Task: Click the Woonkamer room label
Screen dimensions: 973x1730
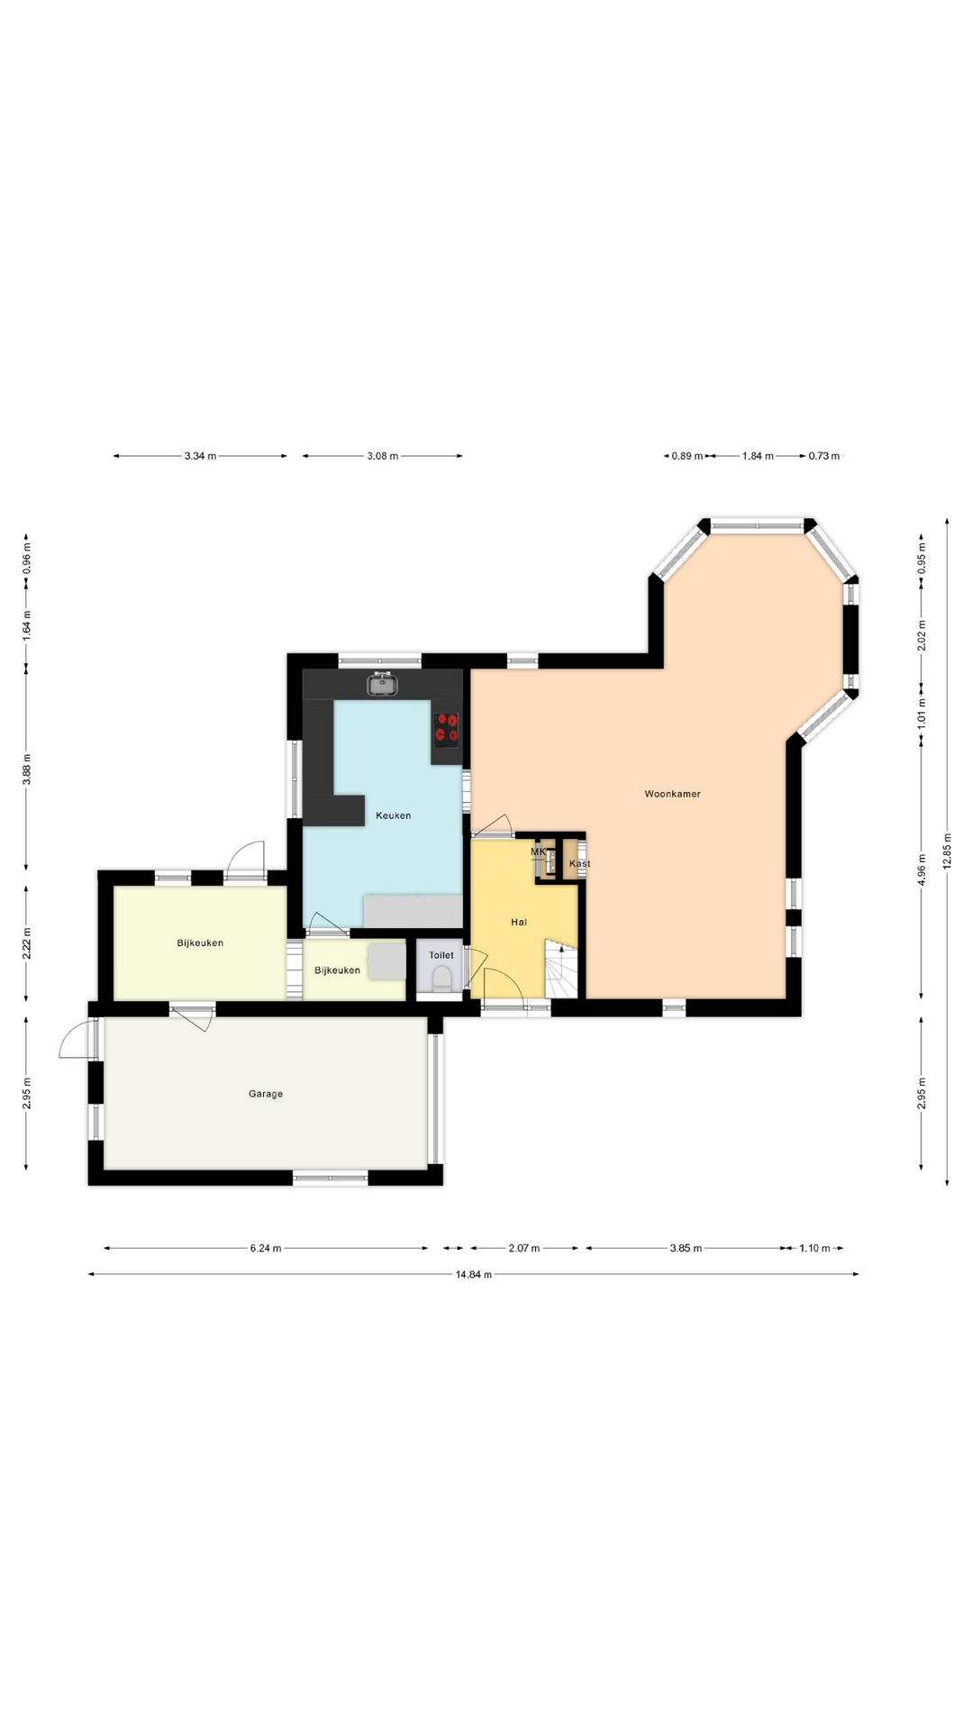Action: tap(672, 794)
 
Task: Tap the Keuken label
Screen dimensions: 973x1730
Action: tap(393, 815)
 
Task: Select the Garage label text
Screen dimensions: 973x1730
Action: tap(266, 1094)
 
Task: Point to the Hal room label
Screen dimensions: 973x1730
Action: tap(519, 922)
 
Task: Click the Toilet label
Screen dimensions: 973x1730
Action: tap(441, 955)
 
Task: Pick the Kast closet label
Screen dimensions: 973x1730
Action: tap(579, 864)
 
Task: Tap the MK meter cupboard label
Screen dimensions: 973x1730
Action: tap(538, 851)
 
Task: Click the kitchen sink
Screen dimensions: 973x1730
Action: tap(383, 684)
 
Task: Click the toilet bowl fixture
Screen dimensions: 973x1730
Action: tap(441, 979)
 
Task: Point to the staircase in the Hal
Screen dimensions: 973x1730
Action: tap(560, 969)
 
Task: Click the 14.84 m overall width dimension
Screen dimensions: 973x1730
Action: tap(473, 1274)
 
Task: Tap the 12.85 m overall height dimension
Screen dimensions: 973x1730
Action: tap(947, 851)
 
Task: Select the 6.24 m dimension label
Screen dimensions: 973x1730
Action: tap(266, 1248)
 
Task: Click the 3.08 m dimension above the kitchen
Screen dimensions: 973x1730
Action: tap(382, 456)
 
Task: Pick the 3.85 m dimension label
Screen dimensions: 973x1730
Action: tap(686, 1248)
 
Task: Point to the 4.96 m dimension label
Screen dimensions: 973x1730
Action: tap(921, 870)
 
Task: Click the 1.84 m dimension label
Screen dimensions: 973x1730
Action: tap(758, 456)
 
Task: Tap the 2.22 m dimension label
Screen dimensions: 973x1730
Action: tap(26, 943)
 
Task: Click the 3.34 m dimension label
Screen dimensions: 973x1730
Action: tap(200, 456)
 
